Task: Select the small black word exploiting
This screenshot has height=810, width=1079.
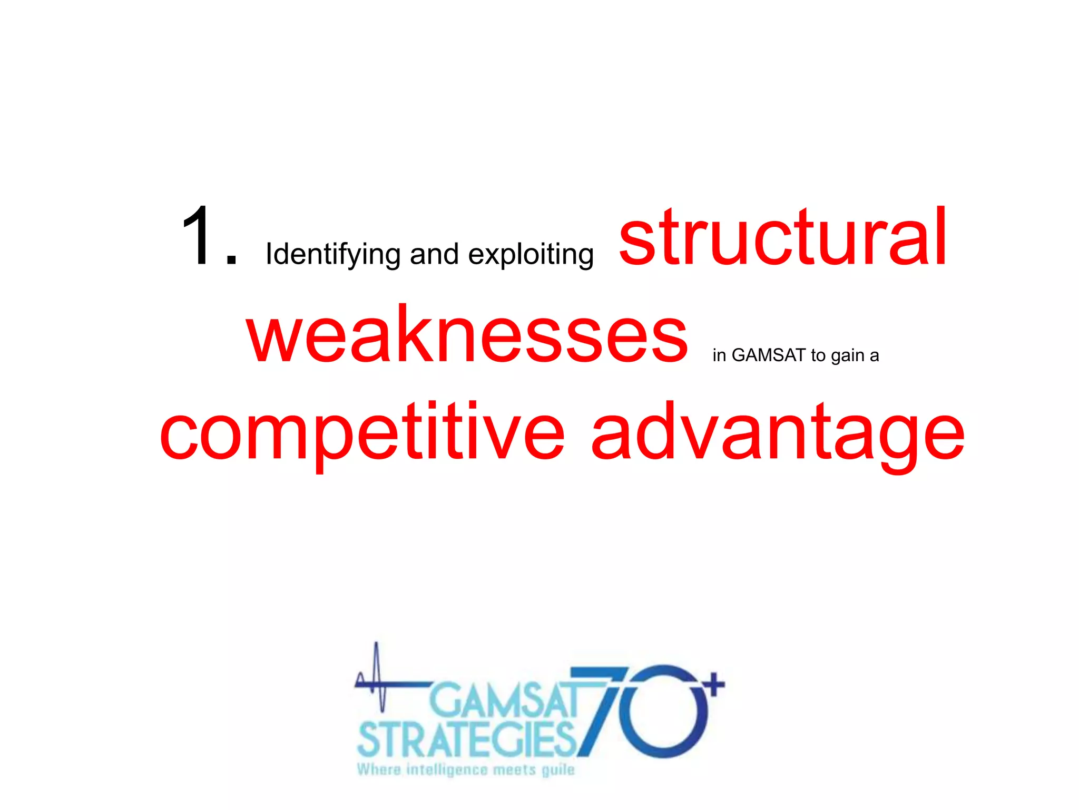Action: click(531, 255)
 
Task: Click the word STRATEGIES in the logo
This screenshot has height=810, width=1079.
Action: click(467, 740)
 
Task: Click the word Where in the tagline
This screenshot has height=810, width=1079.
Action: click(378, 770)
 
